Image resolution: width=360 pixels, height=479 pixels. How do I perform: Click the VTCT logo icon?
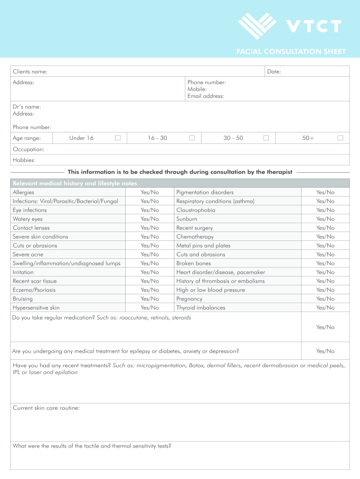[257, 25]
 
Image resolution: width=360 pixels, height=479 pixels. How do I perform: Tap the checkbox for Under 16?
[118, 138]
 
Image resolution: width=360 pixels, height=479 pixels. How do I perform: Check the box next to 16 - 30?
[192, 138]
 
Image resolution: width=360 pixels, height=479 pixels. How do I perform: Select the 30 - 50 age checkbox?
[266, 138]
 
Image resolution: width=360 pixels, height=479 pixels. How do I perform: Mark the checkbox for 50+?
[340, 138]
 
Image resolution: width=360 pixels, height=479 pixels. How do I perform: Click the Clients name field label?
[30, 72]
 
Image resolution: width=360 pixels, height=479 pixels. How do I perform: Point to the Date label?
[274, 72]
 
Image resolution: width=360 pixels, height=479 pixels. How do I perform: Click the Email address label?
[206, 96]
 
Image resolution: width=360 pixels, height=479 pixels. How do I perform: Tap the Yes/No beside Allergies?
[150, 192]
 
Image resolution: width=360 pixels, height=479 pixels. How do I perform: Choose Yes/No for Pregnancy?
[325, 299]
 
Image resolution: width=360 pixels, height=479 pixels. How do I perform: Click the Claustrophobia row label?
[196, 210]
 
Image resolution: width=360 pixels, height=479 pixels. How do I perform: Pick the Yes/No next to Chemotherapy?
[325, 237]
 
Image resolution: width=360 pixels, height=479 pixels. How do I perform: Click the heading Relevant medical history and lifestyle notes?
[75, 183]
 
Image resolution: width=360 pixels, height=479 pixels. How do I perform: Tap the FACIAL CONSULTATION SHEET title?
[291, 51]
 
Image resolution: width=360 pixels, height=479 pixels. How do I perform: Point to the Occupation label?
[29, 149]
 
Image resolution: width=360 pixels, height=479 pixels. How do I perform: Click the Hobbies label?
[24, 160]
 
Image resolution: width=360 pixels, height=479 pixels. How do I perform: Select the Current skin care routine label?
[46, 408]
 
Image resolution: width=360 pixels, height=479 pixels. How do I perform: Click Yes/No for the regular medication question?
[325, 327]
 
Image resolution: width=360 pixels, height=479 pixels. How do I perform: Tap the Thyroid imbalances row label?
[201, 308]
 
